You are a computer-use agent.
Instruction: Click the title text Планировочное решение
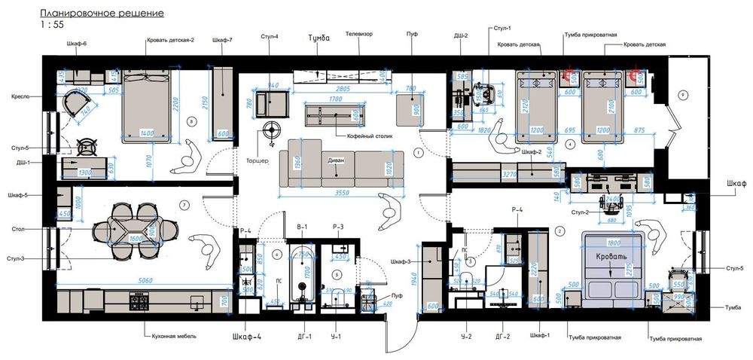coord(102,14)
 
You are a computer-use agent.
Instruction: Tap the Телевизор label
coord(359,35)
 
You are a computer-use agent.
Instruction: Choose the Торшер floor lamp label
coord(257,161)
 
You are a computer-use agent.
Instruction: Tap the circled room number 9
coord(682,94)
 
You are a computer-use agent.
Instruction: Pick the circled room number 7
coord(183,204)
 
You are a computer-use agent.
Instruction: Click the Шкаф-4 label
coord(247,337)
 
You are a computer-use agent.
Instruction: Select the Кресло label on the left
coord(20,96)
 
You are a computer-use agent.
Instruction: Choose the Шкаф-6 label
coord(76,44)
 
